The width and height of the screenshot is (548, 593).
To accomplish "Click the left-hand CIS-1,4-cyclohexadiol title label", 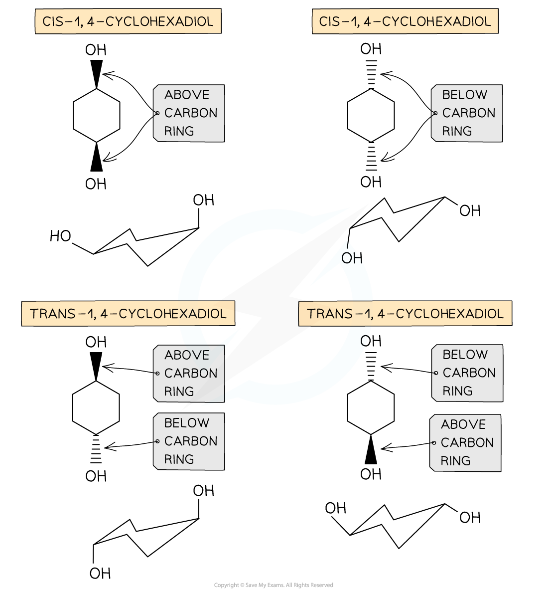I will coord(128,22).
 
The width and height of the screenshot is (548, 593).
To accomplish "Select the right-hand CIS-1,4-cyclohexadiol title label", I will coord(405,22).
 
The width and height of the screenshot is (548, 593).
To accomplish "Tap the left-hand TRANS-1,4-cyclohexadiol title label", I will coord(128,314).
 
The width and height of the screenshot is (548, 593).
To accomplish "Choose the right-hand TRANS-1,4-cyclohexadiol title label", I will coord(405,314).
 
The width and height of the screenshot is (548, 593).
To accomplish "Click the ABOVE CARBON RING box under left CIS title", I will coord(189,113).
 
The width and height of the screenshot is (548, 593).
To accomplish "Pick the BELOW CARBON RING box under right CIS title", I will coord(467,113).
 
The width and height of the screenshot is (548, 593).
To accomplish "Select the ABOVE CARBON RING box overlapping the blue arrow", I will coord(189,374).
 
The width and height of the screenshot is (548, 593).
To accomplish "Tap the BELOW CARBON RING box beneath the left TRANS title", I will coord(189,441).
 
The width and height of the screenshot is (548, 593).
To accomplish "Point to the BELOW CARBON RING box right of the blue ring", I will coord(468,373).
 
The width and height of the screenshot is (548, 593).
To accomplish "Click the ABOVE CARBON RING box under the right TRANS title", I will coord(466,443).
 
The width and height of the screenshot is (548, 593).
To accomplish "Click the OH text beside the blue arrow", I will coord(351,258).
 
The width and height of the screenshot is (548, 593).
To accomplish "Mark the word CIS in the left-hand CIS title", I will coord(53,22).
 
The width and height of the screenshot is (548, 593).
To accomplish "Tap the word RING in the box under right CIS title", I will coord(457,131).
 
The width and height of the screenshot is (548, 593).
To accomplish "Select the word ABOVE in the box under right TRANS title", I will coord(463,424).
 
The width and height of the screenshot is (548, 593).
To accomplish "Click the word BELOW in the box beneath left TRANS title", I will coord(187,423).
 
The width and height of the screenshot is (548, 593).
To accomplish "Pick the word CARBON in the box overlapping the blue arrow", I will coord(191,374).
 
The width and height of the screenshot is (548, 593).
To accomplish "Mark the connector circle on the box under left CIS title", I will coord(157,113).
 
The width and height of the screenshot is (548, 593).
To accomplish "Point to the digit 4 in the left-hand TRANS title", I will coord(104,314).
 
